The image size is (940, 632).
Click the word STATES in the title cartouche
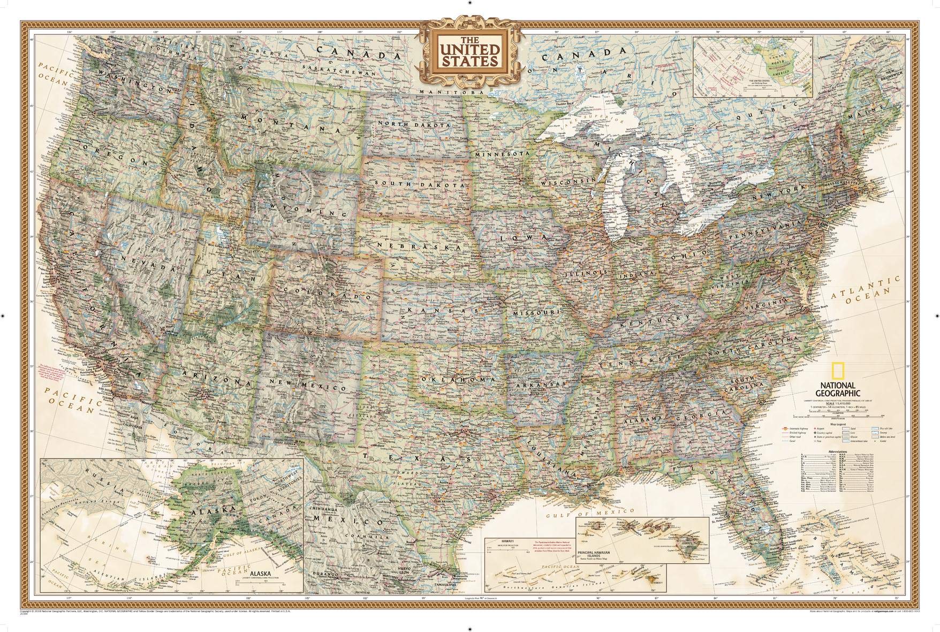[469, 61]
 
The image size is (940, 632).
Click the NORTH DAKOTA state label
[414, 124]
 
